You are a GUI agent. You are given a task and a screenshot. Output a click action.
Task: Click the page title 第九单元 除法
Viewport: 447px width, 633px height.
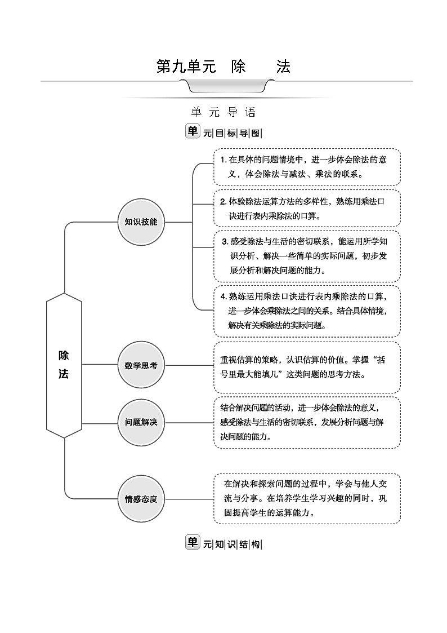point(223,67)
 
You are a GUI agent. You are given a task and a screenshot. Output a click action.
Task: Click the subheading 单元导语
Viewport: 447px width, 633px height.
point(223,112)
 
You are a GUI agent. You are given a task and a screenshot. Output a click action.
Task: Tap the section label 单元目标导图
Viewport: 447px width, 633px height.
point(223,132)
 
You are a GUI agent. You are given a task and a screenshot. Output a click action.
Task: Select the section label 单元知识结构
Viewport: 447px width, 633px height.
point(223,543)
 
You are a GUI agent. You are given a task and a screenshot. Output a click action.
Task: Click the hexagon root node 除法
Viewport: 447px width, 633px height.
point(64,365)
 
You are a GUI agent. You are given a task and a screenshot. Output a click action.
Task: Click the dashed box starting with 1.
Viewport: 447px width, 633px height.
point(307,167)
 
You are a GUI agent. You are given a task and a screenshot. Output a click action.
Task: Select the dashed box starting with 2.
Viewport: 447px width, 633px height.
point(307,207)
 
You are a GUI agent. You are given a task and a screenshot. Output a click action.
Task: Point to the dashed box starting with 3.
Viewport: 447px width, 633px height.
point(307,255)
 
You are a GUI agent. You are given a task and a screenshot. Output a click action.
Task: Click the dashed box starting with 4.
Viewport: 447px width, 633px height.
point(307,310)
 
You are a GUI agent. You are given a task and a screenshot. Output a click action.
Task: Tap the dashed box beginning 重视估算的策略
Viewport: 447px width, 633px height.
point(307,367)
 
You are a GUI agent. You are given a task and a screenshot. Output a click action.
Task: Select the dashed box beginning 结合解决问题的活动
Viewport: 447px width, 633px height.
point(307,422)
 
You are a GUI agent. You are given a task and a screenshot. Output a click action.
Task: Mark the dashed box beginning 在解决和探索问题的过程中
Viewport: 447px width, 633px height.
point(307,498)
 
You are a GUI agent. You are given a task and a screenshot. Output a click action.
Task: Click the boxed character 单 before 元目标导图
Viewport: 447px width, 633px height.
point(193,131)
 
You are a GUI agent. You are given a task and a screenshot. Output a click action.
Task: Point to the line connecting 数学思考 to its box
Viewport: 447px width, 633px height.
point(189,365)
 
